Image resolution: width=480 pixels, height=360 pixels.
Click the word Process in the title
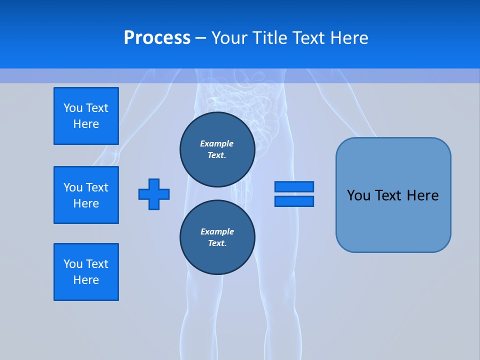157,38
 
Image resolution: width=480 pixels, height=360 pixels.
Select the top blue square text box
86,116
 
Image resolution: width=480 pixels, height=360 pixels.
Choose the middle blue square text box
86,195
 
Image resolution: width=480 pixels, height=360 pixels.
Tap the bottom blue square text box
86,272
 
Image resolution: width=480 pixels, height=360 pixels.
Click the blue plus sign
154,194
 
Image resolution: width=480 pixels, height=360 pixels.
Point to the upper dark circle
217,149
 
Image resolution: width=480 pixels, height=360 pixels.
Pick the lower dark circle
217,237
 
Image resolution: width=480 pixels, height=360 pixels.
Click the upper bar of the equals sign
294,186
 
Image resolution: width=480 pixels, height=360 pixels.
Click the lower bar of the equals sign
294,201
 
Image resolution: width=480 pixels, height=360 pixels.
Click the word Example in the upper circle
217,143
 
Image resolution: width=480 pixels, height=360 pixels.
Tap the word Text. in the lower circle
217,243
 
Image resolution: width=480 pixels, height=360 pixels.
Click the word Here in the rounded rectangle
422,195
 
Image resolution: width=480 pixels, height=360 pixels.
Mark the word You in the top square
73,108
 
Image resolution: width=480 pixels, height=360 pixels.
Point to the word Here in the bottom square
86,280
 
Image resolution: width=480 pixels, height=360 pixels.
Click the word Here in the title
348,38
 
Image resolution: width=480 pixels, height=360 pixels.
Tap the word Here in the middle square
86,203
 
